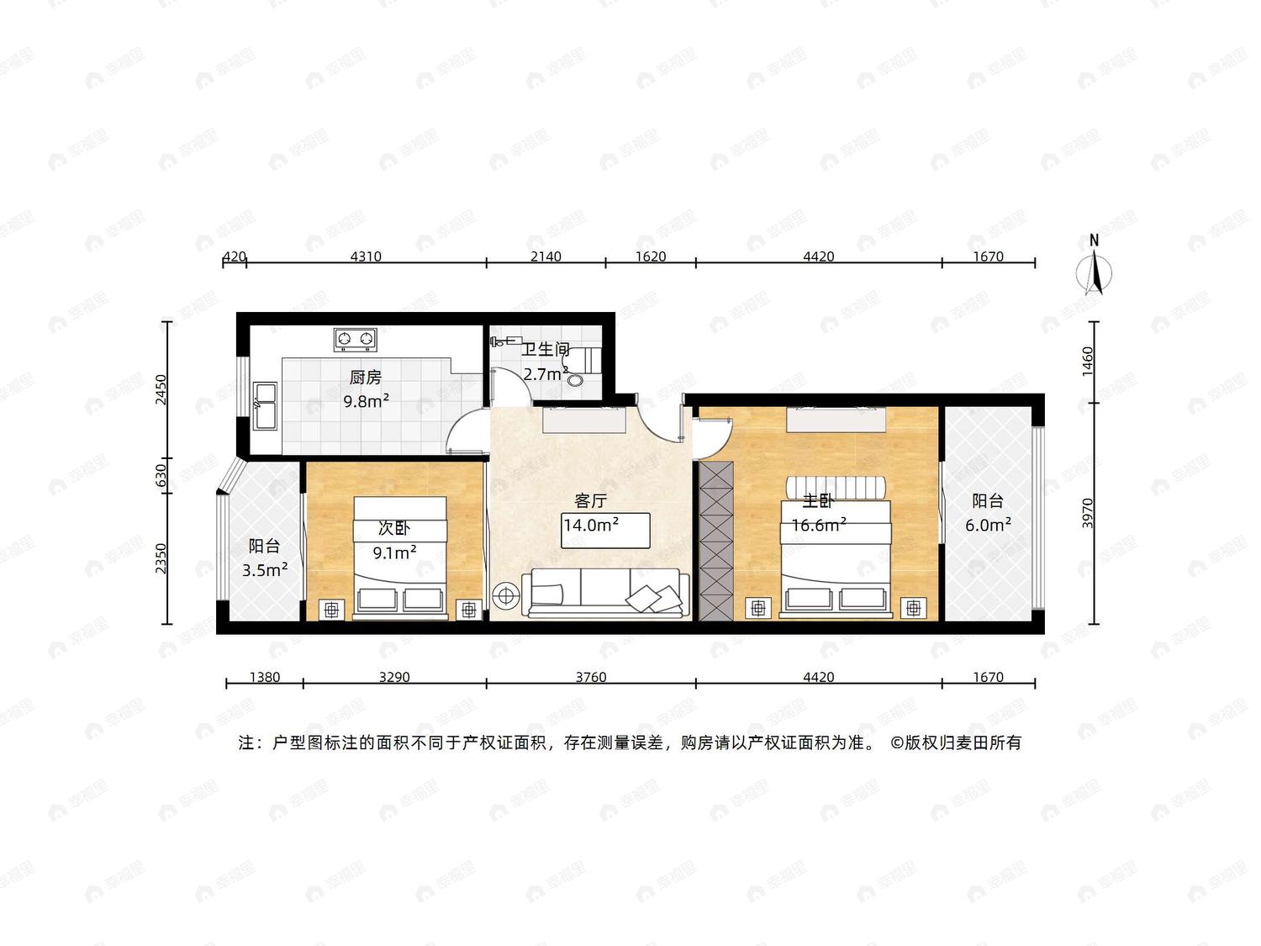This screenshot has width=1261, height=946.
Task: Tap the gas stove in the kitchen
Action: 355,340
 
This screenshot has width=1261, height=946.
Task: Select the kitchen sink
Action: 266,406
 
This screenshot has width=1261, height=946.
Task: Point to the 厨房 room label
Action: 366,378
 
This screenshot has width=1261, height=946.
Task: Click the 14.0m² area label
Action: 591,525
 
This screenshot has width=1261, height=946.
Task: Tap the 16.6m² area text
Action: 819,525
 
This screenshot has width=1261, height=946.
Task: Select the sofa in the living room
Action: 609,594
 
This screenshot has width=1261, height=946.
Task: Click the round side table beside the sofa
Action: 506,595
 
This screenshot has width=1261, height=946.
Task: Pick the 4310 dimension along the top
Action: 366,256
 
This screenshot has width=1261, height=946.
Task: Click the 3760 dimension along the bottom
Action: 591,677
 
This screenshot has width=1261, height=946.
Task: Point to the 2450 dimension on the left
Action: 161,389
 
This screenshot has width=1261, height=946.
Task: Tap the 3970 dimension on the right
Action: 1088,513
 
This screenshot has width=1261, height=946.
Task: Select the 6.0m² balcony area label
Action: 988,525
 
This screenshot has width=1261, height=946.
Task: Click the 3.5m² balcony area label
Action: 265,570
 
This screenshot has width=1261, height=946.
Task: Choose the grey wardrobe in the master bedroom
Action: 715,541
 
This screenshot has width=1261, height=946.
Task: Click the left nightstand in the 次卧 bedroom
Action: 332,610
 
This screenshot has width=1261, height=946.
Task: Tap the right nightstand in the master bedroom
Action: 914,608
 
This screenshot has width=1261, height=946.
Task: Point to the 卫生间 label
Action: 546,349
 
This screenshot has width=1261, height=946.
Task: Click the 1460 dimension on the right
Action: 1088,362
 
